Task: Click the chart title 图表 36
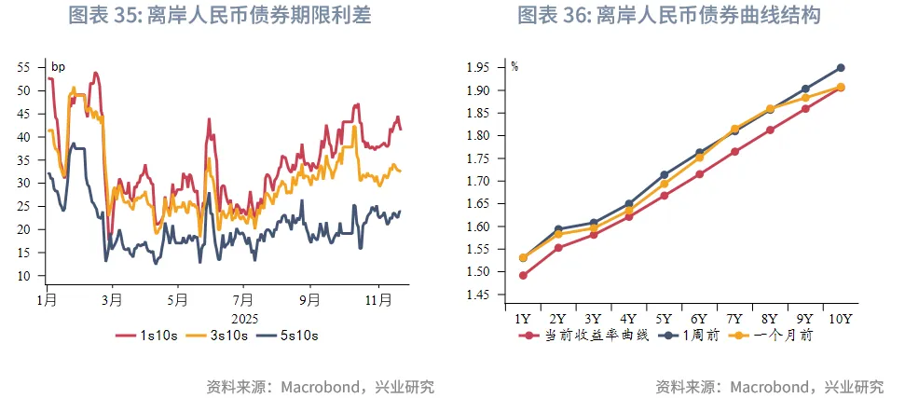tap(668, 16)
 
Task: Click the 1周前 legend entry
tap(691, 335)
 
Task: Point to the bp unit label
tap(58, 66)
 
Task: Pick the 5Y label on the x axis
tap(664, 318)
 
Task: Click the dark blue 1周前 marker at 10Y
tap(841, 68)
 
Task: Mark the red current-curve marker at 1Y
tap(524, 276)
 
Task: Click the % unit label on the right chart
tap(514, 66)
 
